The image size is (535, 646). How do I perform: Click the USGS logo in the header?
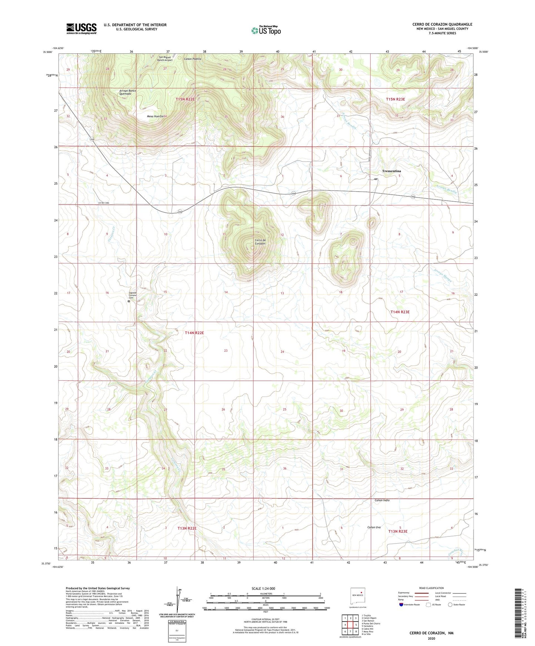click(81, 28)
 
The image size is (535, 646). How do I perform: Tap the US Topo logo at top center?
click(265, 30)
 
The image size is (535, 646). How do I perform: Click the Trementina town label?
click(391, 171)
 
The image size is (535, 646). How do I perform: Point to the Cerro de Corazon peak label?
click(260, 242)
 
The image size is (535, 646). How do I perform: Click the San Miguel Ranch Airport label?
click(165, 58)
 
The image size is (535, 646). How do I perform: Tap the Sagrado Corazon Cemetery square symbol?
click(129, 301)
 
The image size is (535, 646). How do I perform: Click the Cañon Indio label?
click(382, 500)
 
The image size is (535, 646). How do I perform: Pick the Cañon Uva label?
click(374, 527)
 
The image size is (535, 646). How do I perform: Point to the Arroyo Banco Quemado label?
click(128, 92)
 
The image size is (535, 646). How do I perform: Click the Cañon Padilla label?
click(193, 59)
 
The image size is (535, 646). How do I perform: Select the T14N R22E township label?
click(194, 333)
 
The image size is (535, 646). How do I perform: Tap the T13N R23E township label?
click(398, 531)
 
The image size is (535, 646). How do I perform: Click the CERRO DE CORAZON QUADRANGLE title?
click(442, 24)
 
